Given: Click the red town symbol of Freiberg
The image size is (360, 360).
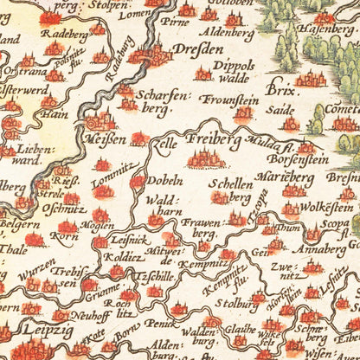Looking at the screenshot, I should click(x=205, y=158).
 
